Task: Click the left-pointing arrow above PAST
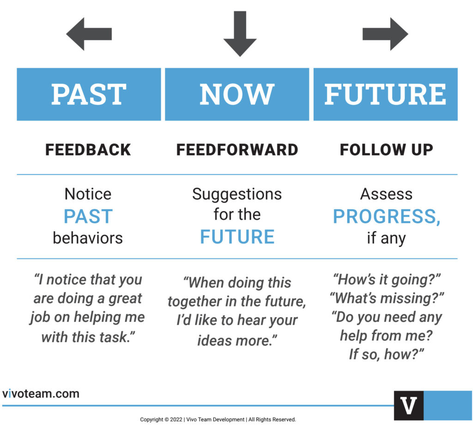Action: tap(89, 34)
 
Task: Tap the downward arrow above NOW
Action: tap(240, 34)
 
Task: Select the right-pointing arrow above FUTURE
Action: tap(385, 34)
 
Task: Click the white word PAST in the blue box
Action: tap(89, 94)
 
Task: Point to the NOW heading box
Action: tap(237, 94)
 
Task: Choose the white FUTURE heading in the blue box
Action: tap(385, 94)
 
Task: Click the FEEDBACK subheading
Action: tap(88, 150)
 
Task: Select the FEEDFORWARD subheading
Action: tap(237, 150)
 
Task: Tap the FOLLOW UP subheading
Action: tap(387, 150)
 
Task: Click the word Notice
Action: tap(88, 194)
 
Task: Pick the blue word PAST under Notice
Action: tap(88, 216)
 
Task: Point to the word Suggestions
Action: tap(237, 194)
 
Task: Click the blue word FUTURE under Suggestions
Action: tap(237, 237)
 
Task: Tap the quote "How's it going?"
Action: tap(387, 280)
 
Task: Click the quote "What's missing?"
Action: tap(387, 298)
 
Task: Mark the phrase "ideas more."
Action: tap(237, 340)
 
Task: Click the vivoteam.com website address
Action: tap(41, 393)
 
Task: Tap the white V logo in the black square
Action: tap(408, 406)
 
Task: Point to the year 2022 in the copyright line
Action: tap(176, 420)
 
